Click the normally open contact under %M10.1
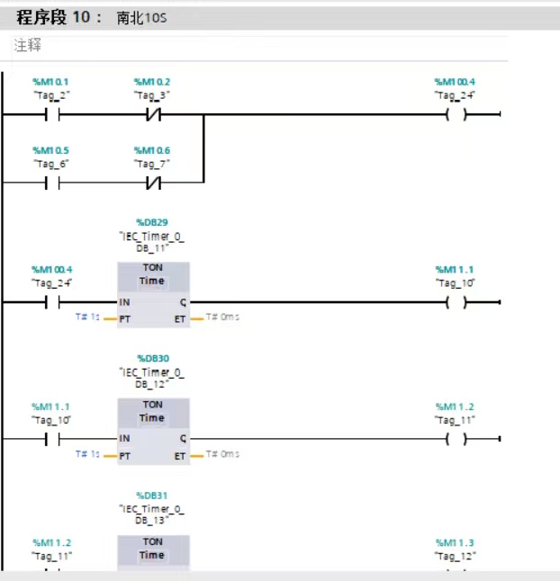tap(52, 115)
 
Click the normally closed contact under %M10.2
tap(154, 115)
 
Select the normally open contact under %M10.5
tap(52, 183)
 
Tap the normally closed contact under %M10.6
tap(154, 183)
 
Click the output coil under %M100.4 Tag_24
tap(456, 115)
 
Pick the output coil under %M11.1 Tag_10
tap(456, 302)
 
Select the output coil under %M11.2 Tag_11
tap(456, 439)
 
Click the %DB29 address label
tap(152, 222)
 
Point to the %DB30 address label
tap(153, 358)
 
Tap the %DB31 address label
tap(152, 496)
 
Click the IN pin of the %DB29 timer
tap(124, 302)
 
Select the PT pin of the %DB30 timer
tap(124, 456)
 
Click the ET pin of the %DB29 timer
tap(180, 319)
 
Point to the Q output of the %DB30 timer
tap(183, 439)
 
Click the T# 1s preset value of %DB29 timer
tap(87, 317)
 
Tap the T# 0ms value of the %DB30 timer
tap(222, 454)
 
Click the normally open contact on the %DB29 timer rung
tap(52, 302)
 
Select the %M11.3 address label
tap(455, 543)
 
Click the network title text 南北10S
tap(141, 18)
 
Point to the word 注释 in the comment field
tap(27, 45)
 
